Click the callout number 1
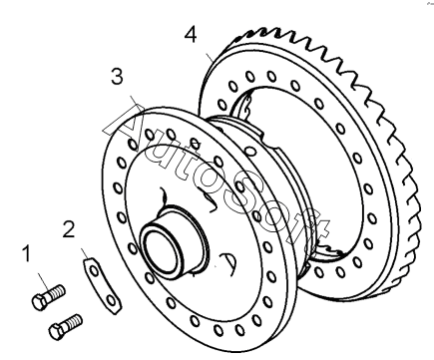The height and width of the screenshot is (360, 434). click(x=26, y=253)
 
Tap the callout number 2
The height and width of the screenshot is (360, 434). click(x=69, y=229)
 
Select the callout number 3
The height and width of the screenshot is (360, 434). click(x=117, y=76)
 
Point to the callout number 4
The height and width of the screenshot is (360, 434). click(x=191, y=35)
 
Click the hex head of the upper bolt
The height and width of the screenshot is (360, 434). click(x=40, y=302)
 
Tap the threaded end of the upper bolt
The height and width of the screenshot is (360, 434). click(x=58, y=291)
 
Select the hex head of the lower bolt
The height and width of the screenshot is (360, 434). click(x=57, y=331)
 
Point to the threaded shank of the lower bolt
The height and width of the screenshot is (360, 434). click(x=75, y=321)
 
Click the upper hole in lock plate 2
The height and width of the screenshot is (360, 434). click(x=95, y=270)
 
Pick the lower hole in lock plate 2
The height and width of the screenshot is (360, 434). click(x=112, y=301)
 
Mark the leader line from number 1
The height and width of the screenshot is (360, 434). click(x=45, y=281)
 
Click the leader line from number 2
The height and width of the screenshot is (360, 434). click(x=85, y=253)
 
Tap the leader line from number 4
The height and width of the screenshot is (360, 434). click(x=210, y=57)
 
